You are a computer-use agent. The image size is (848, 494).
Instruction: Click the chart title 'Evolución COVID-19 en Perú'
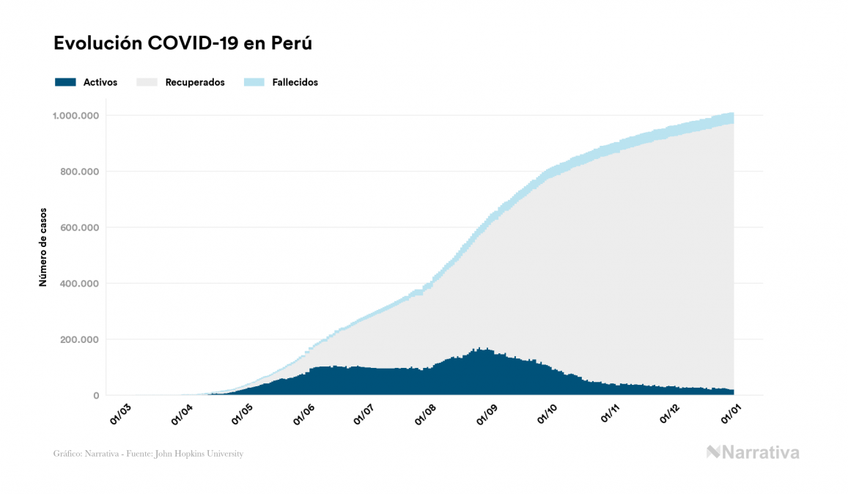(x=182, y=43)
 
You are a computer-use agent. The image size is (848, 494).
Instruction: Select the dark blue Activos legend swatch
(x=65, y=82)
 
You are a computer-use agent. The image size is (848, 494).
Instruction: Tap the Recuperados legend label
(x=195, y=82)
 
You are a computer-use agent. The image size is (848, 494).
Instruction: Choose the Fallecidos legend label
(x=295, y=82)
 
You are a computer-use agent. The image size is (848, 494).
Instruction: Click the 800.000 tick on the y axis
(x=78, y=172)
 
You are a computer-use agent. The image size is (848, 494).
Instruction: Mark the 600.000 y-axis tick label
(x=78, y=227)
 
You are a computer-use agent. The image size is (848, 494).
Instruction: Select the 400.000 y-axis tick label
(x=78, y=284)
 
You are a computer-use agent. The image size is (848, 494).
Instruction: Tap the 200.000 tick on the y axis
(x=78, y=339)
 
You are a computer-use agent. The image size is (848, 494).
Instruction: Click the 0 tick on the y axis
(x=95, y=396)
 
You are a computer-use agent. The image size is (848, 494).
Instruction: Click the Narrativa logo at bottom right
(x=753, y=452)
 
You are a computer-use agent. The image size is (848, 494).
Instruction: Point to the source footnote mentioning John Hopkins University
(x=148, y=454)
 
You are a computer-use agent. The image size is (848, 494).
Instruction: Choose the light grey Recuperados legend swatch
(x=147, y=82)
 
